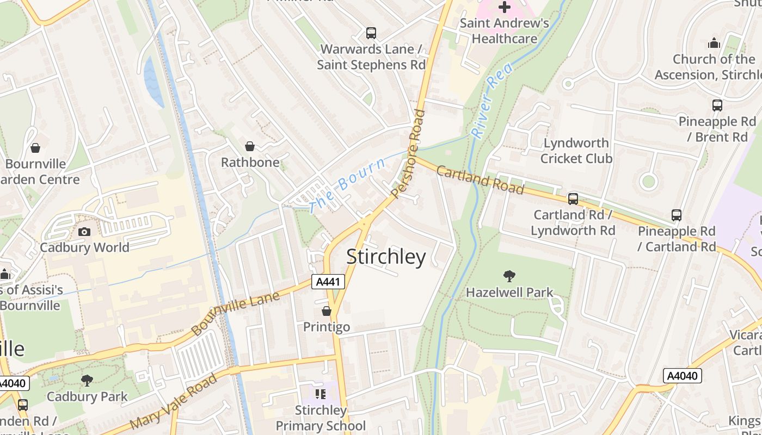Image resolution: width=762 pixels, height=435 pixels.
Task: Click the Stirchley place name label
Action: [x=386, y=257]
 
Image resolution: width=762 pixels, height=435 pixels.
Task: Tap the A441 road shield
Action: [x=328, y=282]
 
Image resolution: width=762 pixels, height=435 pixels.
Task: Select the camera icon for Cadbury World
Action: [x=84, y=232]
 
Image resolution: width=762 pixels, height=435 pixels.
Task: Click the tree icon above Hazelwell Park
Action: [x=509, y=276]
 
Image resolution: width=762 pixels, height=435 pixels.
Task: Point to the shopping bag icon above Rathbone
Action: [x=250, y=146]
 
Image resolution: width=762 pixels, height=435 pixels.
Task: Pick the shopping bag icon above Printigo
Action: [x=327, y=311]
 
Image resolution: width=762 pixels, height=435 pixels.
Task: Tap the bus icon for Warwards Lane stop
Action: [x=371, y=33]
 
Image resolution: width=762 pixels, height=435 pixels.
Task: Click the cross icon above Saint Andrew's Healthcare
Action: [x=505, y=7]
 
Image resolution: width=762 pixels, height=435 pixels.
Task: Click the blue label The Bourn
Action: [x=347, y=184]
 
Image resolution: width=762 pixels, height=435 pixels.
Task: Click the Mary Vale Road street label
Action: [x=174, y=401]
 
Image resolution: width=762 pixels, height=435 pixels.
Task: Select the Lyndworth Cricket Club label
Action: [x=576, y=151]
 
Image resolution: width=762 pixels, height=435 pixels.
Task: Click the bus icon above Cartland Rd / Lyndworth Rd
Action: [x=573, y=199]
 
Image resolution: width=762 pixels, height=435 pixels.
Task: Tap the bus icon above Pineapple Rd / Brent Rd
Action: [x=717, y=105]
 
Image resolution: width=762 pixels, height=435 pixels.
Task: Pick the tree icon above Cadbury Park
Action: [x=87, y=381]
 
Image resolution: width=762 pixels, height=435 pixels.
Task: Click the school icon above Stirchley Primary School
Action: [x=321, y=394]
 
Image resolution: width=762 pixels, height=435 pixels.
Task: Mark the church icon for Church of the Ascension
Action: [x=714, y=43]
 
